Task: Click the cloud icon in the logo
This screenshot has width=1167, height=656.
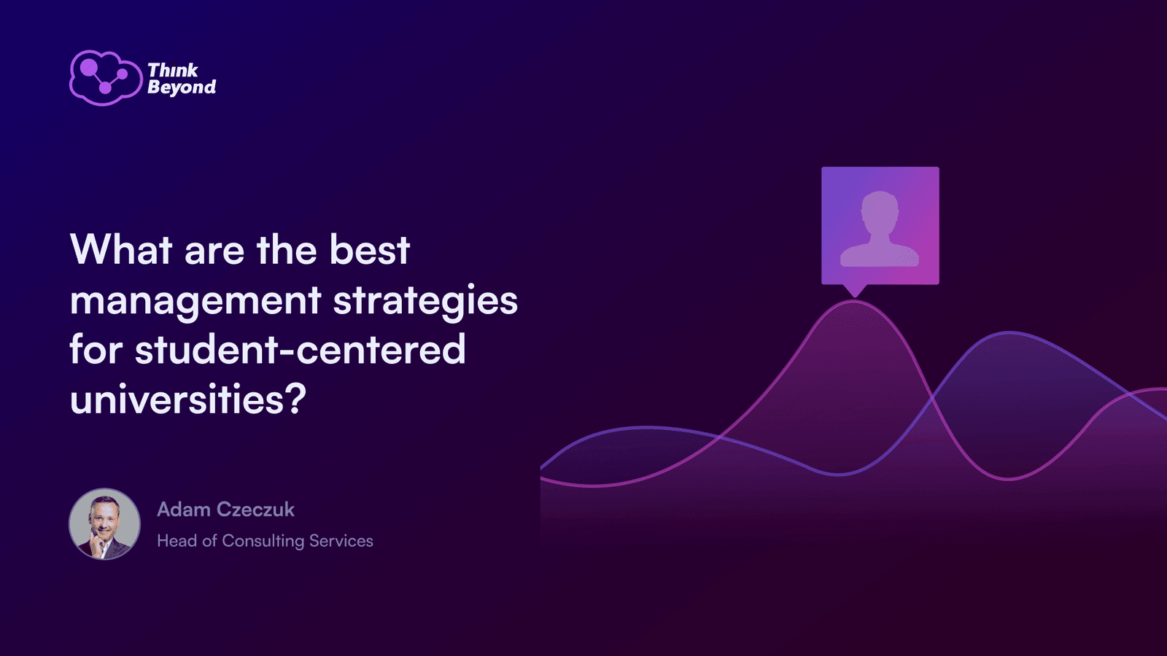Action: pos(106,78)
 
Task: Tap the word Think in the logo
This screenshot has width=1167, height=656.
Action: pos(172,70)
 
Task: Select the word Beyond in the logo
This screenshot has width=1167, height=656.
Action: pos(182,87)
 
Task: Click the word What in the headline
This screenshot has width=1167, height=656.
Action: pos(121,249)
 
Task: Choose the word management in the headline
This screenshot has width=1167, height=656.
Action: pos(195,301)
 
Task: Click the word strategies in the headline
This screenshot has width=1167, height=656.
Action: pos(425,300)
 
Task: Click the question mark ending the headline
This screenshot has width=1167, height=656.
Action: pos(295,399)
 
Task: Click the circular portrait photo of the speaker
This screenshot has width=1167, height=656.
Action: pos(105,524)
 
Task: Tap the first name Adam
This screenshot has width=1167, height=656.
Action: pos(183,509)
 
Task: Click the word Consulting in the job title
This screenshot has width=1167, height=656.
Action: pos(263,542)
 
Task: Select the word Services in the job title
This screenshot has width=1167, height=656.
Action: pos(341,541)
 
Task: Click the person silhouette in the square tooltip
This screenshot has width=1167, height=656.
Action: pos(880,229)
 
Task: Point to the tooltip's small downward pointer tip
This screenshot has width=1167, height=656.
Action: pos(854,297)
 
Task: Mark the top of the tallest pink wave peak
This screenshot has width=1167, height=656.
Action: pos(854,301)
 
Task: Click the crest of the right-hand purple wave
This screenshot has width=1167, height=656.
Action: pos(1009,332)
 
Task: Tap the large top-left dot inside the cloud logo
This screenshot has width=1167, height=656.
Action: pos(89,67)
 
